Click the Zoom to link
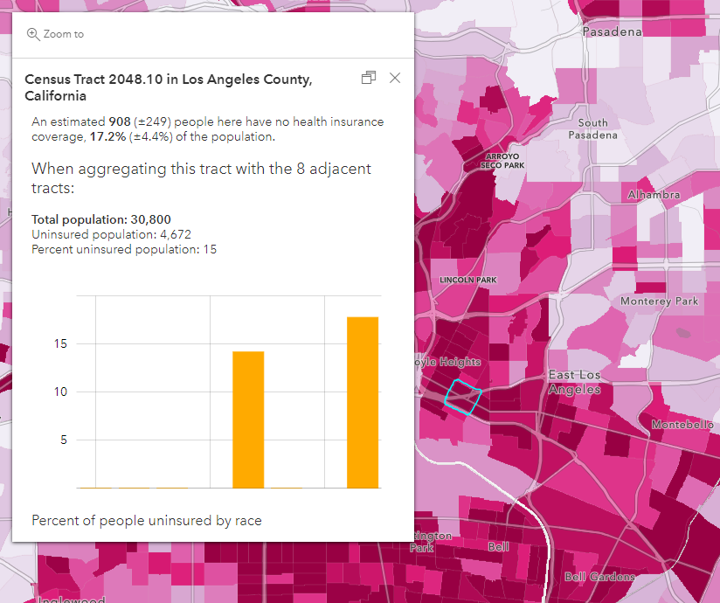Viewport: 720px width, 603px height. point(56,34)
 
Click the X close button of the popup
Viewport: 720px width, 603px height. point(395,78)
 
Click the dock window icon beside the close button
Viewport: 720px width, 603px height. point(369,78)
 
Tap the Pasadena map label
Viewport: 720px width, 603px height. point(612,31)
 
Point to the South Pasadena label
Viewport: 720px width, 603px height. point(592,129)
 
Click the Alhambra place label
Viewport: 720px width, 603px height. point(653,195)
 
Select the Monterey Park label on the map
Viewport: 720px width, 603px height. point(659,301)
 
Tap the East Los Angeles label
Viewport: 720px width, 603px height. point(574,382)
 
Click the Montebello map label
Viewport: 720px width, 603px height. point(682,425)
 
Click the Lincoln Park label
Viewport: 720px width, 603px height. point(468,280)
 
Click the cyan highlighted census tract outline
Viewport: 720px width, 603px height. point(462,396)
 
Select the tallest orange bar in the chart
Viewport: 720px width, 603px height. point(363,402)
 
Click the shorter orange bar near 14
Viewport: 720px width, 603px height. point(248,419)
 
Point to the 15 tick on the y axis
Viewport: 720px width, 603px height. point(59,343)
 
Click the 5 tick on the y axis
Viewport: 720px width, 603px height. point(63,440)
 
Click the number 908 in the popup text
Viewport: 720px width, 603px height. point(120,121)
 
